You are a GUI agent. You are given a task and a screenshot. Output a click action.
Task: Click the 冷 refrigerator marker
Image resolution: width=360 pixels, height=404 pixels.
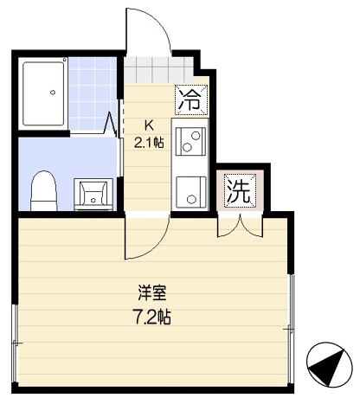click(x=190, y=99)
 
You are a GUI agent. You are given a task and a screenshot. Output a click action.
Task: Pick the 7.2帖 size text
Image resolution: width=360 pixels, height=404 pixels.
click(x=151, y=317)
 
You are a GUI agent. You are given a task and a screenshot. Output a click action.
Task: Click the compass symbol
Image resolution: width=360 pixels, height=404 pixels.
click(x=330, y=365)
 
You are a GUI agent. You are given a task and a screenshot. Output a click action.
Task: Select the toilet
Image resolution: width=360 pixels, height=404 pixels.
click(x=42, y=190)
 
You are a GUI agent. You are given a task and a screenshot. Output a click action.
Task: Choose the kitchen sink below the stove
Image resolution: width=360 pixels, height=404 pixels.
click(x=190, y=189)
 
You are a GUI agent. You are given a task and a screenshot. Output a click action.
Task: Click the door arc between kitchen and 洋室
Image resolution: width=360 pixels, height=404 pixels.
click(x=147, y=238)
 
